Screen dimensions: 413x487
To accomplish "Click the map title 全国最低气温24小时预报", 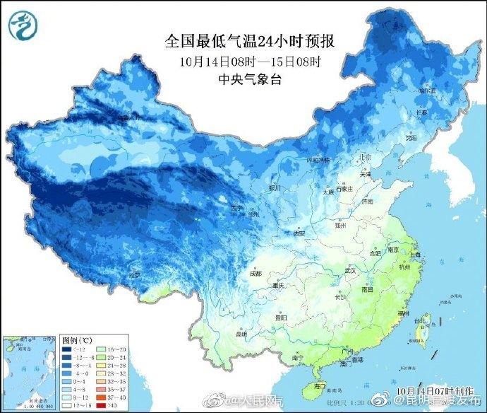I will coord(249,41).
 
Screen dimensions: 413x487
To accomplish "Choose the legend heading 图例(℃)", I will coord(77,340).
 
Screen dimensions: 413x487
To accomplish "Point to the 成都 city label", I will coord(255,273).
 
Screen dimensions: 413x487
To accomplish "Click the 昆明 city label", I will coord(242,333).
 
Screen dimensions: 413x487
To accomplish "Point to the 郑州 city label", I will coord(342,225).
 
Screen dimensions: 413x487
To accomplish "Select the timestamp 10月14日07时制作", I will coord(432,390).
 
